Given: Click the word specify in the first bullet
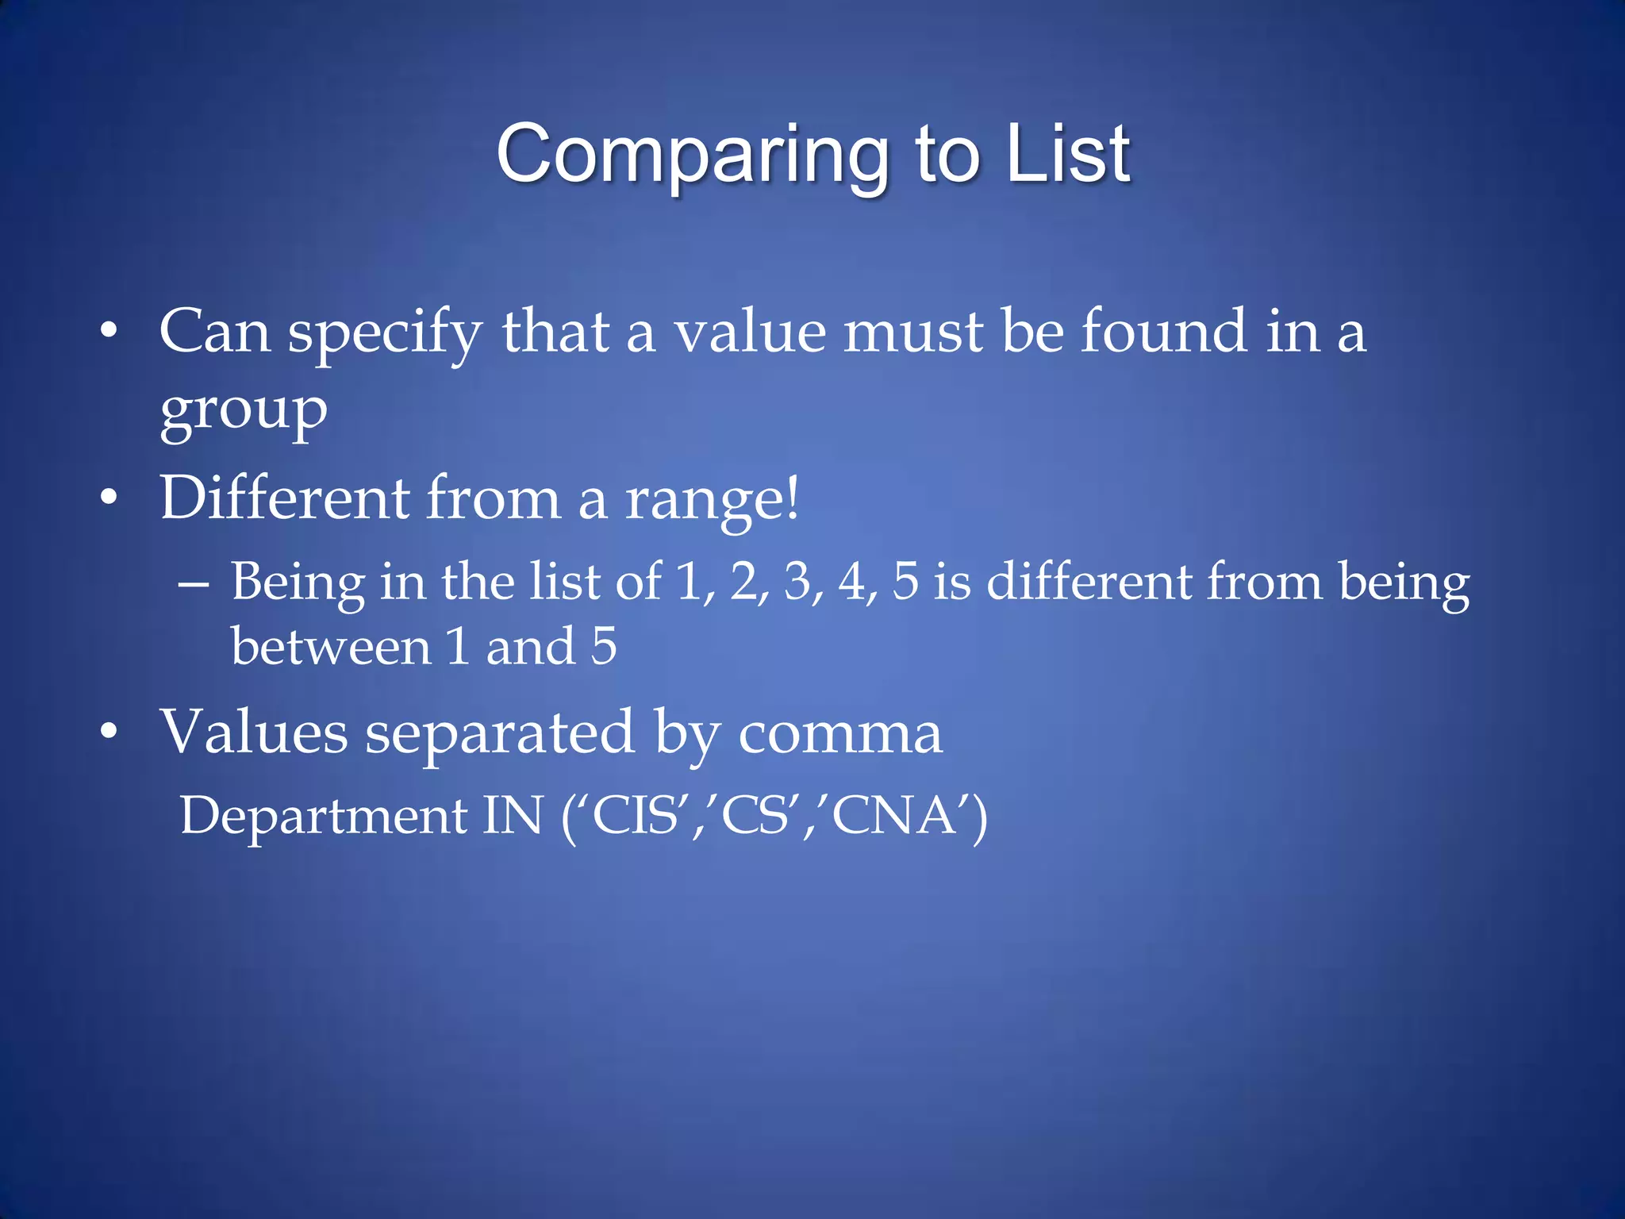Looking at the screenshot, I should (x=385, y=333).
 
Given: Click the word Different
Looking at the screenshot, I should (x=285, y=498).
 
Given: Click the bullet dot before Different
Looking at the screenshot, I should (x=109, y=498).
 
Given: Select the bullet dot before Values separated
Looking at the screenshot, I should (x=109, y=732).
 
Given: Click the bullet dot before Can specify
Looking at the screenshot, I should (x=109, y=330).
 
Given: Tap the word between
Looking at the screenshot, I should (x=331, y=646).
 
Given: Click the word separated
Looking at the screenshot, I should (x=499, y=732).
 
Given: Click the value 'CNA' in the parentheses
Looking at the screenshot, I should (x=897, y=816).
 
